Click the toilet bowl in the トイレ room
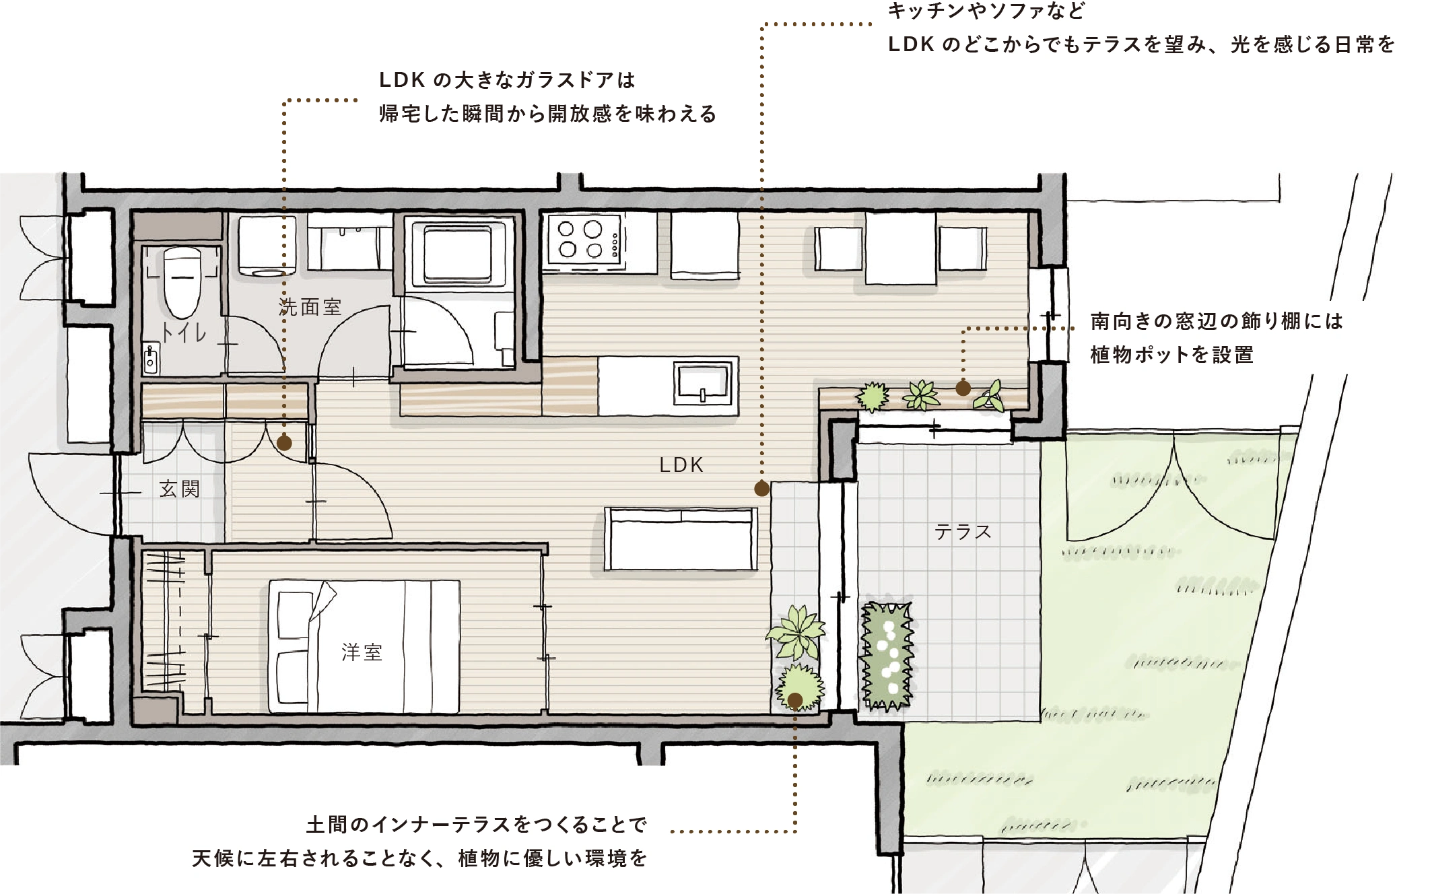182,283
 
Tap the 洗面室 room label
310,307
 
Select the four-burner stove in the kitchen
583,240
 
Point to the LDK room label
681,465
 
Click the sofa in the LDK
681,539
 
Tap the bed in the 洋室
364,646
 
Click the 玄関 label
180,489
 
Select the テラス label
963,532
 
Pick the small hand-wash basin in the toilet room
151,358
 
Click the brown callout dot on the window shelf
963,388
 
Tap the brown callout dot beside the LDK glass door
284,443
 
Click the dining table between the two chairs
901,248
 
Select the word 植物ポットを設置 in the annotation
1172,355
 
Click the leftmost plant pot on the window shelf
873,397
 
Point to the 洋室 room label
362,652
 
